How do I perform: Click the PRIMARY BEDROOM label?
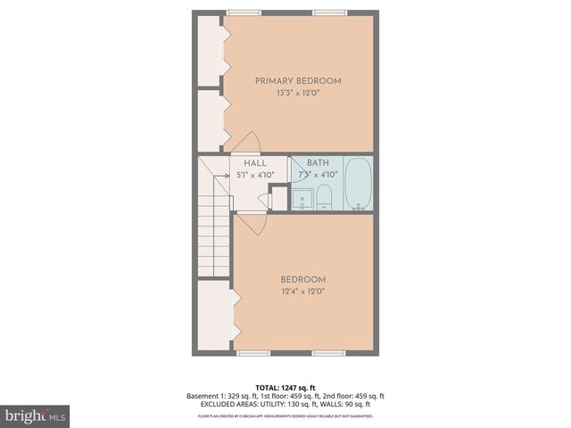[298, 81]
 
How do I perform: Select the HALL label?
[255, 163]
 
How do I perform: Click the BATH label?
[318, 163]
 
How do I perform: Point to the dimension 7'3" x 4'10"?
[318, 175]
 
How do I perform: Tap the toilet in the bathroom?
[324, 198]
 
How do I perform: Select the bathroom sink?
[303, 198]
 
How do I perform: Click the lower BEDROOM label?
[303, 279]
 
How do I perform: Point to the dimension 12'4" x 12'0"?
[303, 291]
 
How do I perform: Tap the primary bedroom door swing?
[244, 143]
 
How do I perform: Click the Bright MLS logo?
[36, 416]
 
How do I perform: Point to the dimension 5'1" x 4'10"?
[255, 175]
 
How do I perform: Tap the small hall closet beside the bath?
[277, 197]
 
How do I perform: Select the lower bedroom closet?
[214, 314]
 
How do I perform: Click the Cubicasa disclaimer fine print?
[285, 416]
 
